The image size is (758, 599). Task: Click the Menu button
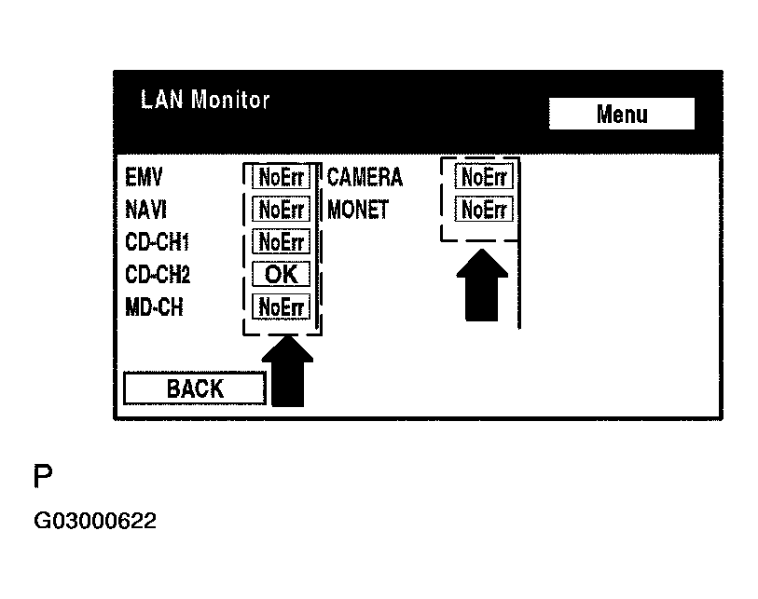621,115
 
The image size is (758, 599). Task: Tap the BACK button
195,388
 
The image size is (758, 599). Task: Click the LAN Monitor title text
204,100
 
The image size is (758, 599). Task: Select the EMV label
144,178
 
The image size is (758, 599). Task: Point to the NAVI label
145,210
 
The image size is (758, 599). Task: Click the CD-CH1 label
157,242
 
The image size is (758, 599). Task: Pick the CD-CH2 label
158,275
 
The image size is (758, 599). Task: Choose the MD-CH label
154,306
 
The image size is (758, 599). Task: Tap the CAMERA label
365,177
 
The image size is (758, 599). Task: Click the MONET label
358,210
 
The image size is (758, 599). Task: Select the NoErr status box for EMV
281,178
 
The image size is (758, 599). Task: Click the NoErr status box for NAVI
281,210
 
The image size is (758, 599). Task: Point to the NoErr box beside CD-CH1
281,242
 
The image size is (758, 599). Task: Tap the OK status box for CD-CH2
281,275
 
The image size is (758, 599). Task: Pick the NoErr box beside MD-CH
281,306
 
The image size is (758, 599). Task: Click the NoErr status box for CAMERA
484,176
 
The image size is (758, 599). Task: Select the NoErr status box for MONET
484,210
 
